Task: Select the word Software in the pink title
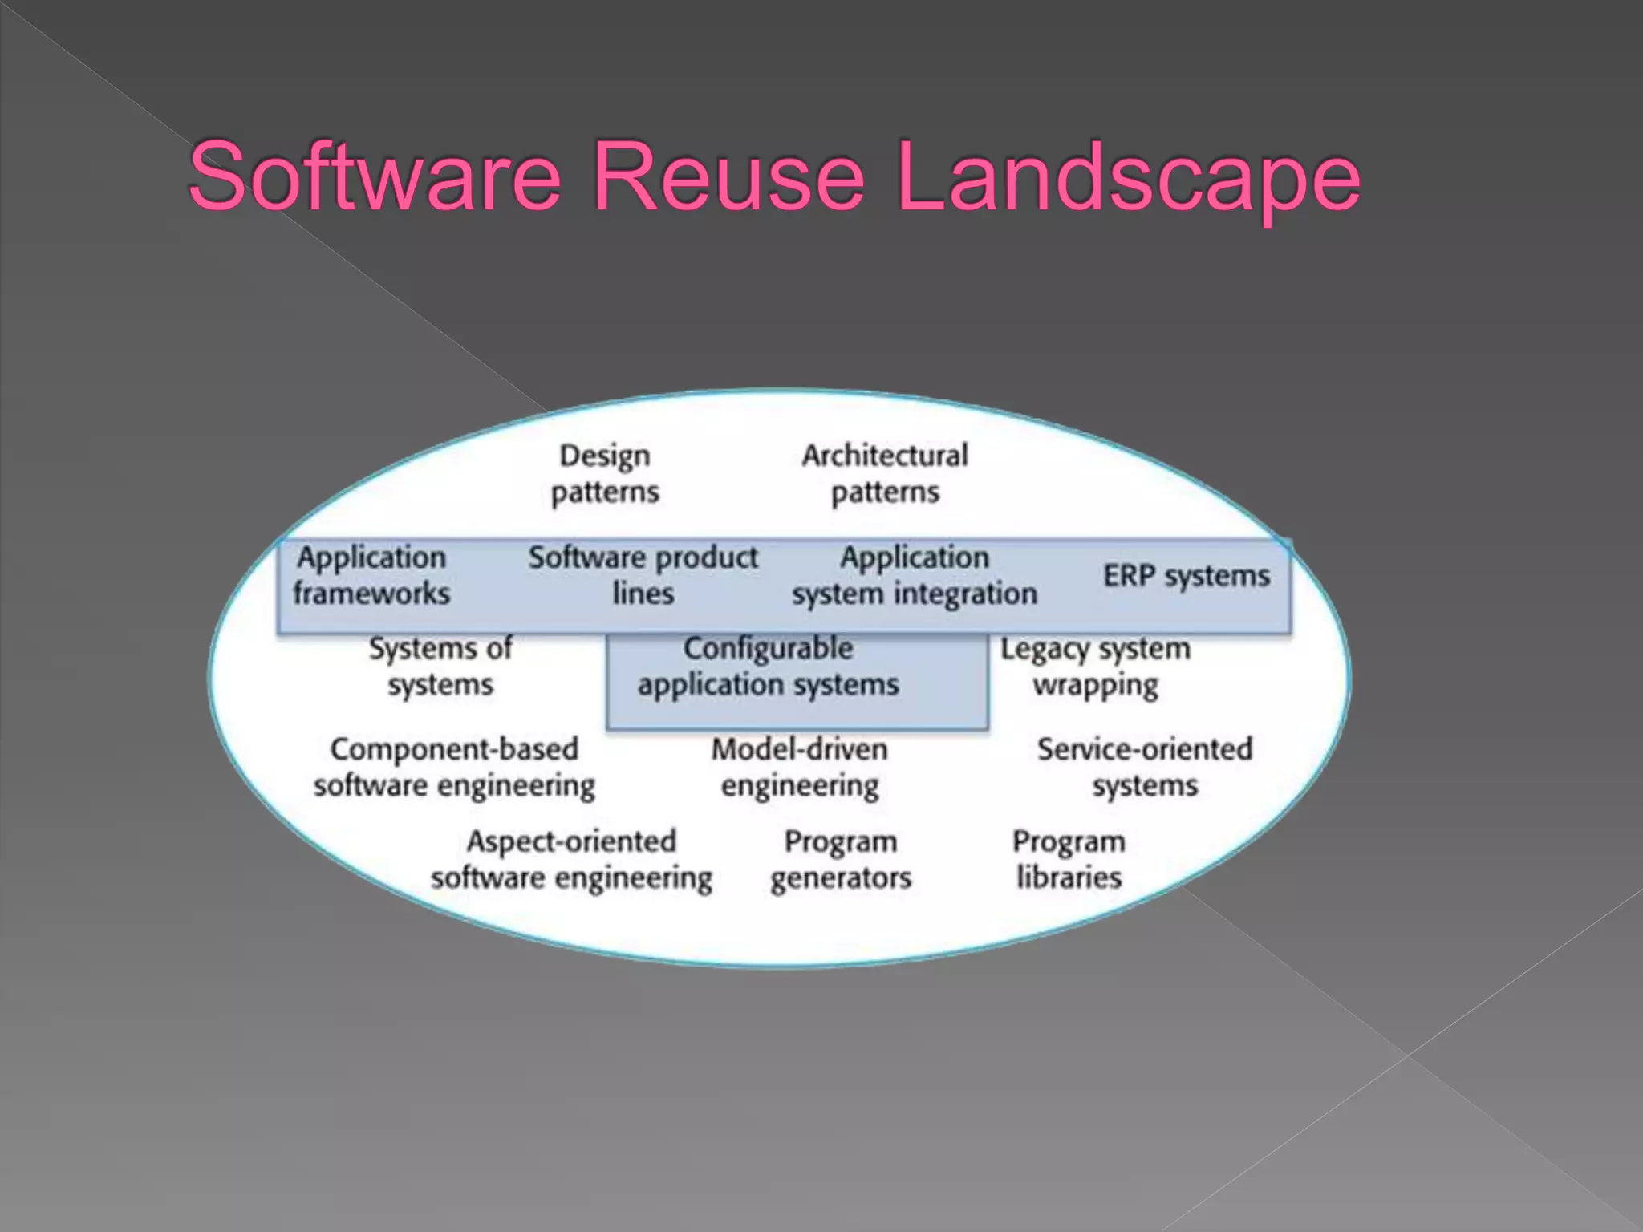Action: tap(375, 176)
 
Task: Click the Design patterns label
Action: tap(605, 473)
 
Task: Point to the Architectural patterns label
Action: tap(885, 473)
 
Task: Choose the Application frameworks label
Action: tap(371, 575)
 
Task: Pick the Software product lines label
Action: tap(643, 575)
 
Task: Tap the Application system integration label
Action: tap(915, 575)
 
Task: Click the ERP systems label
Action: tap(1187, 575)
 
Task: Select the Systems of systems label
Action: tap(440, 667)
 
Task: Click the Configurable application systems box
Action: tap(797, 682)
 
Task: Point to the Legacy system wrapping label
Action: tap(1095, 667)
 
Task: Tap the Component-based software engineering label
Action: tap(454, 767)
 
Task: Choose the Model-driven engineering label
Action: tap(800, 767)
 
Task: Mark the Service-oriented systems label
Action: tap(1145, 767)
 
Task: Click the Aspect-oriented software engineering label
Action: tap(571, 859)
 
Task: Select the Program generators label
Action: tap(841, 859)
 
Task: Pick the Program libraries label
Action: tap(1069, 859)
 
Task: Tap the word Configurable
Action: tap(768, 648)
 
